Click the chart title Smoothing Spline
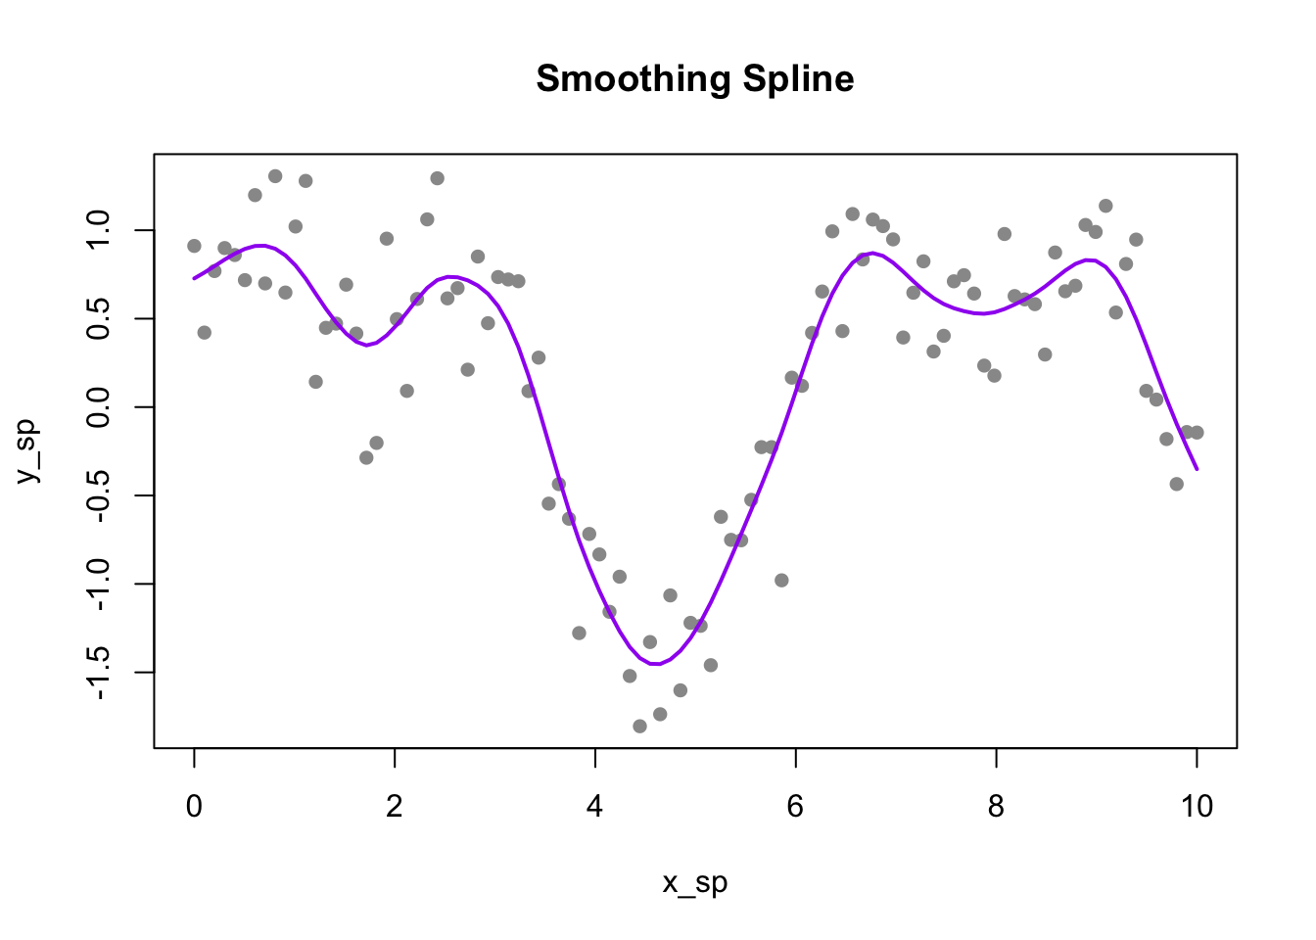[694, 79]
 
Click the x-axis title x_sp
[694, 882]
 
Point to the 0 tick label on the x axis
[194, 806]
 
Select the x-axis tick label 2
[395, 806]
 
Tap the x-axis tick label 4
[595, 806]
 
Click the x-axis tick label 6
[795, 806]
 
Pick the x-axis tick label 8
[996, 806]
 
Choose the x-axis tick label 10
[1197, 806]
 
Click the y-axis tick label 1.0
[99, 231]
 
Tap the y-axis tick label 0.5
[99, 319]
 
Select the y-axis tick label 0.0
[99, 407]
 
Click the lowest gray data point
[639, 727]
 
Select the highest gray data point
[275, 176]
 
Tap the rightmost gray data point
[1197, 433]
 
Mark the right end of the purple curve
[1197, 469]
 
